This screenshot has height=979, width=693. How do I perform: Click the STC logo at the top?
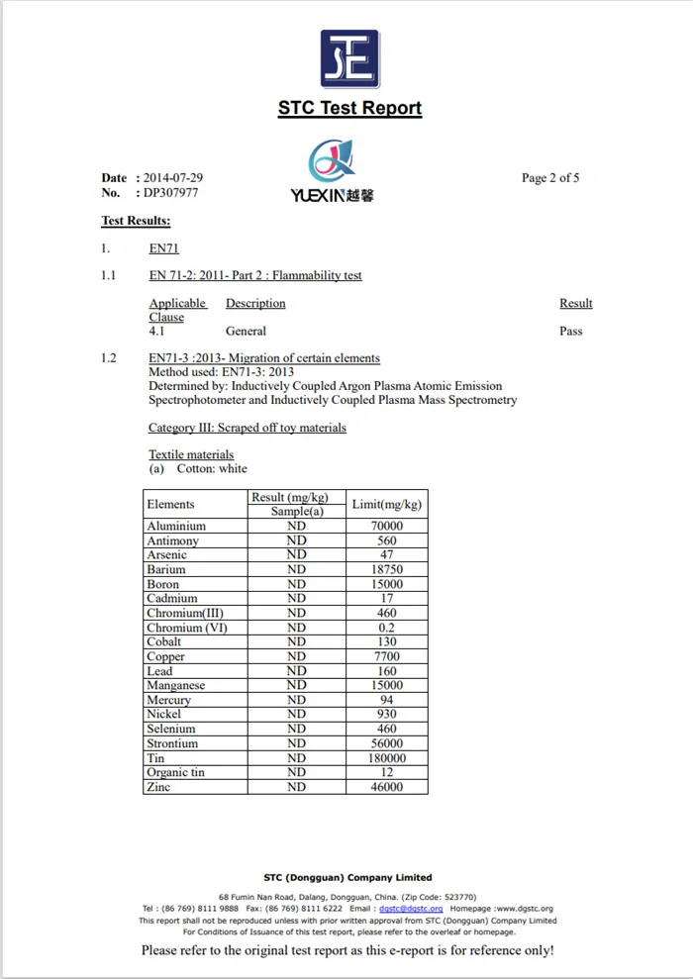(x=349, y=58)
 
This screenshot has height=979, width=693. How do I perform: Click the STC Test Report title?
(x=349, y=108)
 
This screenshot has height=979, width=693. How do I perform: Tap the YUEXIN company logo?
(x=333, y=171)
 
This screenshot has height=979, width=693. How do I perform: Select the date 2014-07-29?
(x=174, y=178)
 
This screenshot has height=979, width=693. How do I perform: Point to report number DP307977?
(x=171, y=193)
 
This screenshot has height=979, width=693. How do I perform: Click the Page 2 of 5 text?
(x=550, y=178)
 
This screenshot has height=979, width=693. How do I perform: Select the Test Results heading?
(x=136, y=221)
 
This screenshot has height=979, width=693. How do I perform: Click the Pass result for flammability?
(x=571, y=332)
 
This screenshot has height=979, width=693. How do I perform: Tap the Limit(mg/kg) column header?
(x=387, y=505)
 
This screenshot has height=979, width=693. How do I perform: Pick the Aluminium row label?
(x=176, y=527)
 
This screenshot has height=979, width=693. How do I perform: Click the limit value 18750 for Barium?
(x=387, y=570)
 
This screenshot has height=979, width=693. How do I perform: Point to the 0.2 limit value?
(x=387, y=628)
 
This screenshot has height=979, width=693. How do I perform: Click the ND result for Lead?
(x=296, y=671)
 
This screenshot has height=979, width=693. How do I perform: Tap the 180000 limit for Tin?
(x=387, y=758)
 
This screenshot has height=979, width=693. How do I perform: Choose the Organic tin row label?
(x=175, y=772)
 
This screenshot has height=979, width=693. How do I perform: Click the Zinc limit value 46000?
(x=387, y=787)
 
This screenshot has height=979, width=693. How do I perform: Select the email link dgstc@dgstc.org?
(x=411, y=908)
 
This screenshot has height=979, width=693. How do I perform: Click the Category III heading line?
(x=247, y=428)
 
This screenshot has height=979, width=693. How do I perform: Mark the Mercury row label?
(x=168, y=700)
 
